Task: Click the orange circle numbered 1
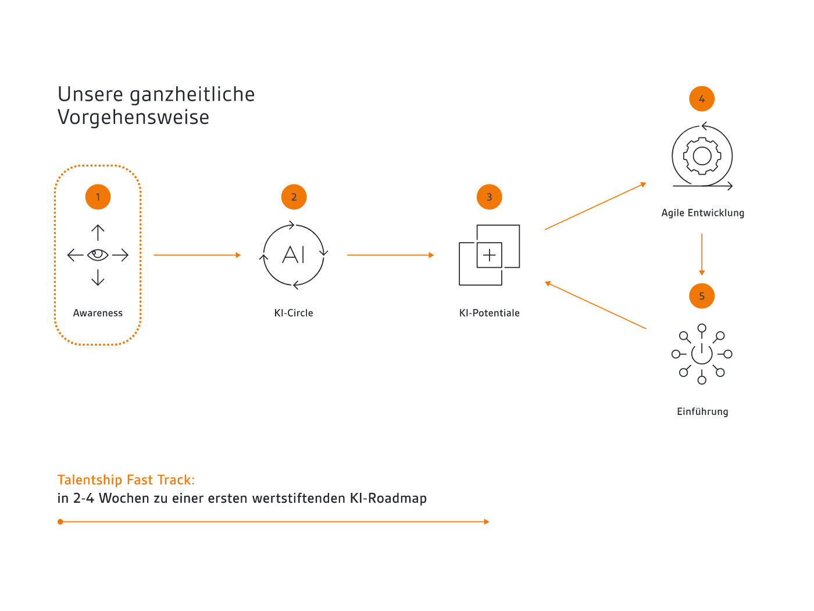coord(98,197)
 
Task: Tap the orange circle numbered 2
coord(294,197)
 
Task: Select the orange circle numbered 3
coord(489,197)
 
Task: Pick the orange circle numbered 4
coord(702,99)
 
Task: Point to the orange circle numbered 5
coord(702,296)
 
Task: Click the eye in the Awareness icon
coord(98,255)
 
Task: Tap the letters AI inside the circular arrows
coord(294,255)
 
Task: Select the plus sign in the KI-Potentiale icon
coord(489,255)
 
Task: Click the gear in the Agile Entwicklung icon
coord(702,156)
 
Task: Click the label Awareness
coord(98,313)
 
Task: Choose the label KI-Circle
coord(294,313)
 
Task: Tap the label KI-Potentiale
coord(489,313)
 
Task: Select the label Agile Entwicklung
coord(703,213)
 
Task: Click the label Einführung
coord(702,411)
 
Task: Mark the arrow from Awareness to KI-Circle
coord(197,255)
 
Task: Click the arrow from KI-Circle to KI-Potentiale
coord(391,255)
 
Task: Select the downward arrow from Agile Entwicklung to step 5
coord(702,254)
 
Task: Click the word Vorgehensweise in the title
coord(134,117)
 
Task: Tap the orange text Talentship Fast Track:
coord(126,479)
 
